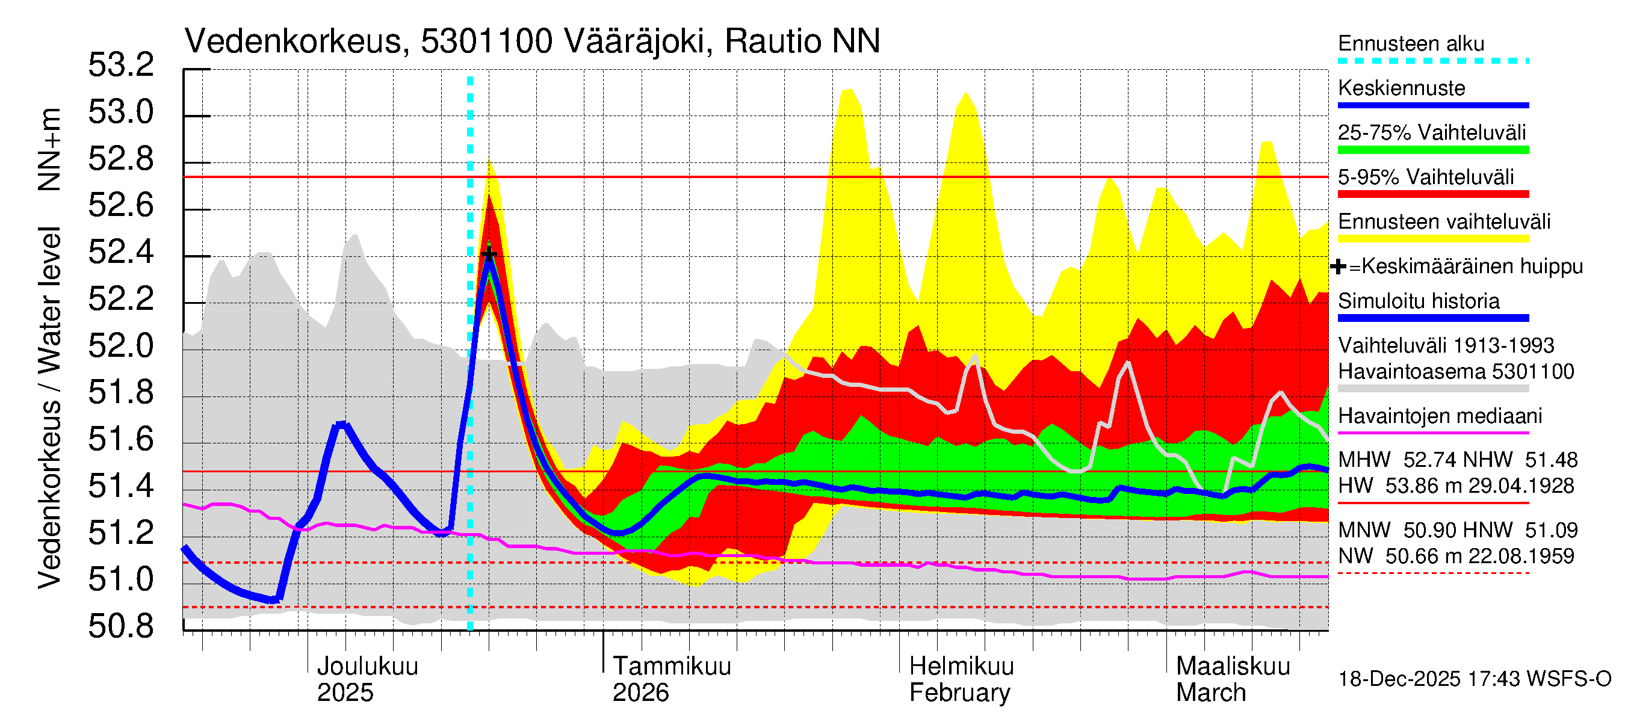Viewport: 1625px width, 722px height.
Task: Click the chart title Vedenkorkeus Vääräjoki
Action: pos(532,42)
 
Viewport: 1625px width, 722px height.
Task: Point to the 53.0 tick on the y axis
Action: pos(121,113)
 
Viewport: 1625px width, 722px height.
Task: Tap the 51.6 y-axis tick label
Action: pos(121,439)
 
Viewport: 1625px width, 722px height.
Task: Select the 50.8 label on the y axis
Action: pos(121,626)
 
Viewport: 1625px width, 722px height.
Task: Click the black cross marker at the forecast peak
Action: pos(489,253)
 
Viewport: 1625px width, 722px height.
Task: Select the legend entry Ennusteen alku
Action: pos(1411,43)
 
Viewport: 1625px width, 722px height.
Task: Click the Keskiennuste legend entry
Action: pos(1401,88)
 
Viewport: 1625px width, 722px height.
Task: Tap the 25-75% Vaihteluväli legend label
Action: pos(1431,132)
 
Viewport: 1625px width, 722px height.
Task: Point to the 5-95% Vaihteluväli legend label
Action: pos(1425,177)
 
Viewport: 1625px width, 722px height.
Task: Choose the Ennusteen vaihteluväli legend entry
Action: pos(1444,222)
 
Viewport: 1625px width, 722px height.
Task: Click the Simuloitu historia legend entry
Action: pos(1418,301)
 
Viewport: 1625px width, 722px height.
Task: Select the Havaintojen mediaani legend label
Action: pos(1440,416)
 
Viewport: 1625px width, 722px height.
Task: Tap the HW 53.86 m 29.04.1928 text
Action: pos(1456,486)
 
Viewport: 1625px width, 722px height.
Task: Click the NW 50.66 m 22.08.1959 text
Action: pos(1456,556)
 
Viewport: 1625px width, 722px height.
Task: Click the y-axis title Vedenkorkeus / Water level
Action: pos(49,408)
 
